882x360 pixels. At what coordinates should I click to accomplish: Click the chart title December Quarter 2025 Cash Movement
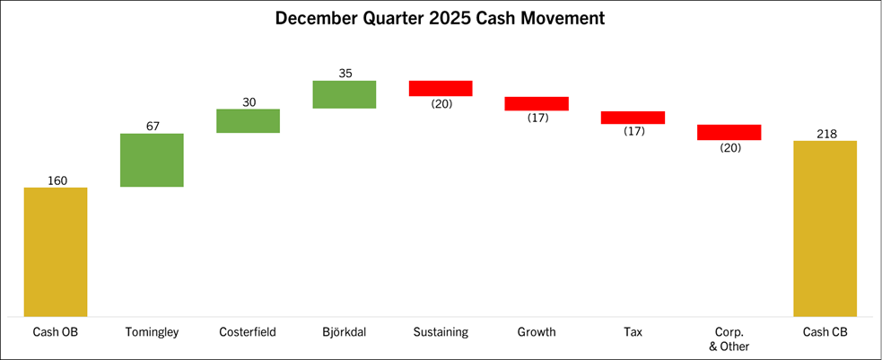(440, 18)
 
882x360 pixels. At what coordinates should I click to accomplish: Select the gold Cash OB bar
(56, 251)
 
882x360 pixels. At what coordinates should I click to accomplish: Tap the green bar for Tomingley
(152, 160)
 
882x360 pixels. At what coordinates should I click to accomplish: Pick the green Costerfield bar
(249, 120)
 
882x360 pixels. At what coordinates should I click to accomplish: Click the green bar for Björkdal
(345, 94)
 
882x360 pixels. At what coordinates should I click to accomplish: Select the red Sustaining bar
(441, 88)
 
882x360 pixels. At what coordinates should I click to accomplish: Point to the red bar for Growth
(537, 103)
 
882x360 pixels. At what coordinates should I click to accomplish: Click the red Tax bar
(633, 118)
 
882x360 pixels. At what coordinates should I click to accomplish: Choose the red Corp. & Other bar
(729, 132)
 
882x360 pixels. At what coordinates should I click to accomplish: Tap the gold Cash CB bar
(825, 228)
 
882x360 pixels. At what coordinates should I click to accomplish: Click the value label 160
(56, 180)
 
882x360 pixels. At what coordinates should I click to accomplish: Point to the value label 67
(152, 126)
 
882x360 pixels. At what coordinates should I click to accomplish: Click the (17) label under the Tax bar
(633, 132)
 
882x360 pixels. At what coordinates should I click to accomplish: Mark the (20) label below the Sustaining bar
(441, 103)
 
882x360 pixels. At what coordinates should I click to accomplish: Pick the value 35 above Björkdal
(345, 74)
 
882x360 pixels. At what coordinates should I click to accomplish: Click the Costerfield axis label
(249, 332)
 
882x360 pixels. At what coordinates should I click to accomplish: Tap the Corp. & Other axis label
(729, 338)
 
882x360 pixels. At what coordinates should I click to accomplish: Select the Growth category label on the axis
(537, 332)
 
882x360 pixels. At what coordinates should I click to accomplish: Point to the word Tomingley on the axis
(152, 332)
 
